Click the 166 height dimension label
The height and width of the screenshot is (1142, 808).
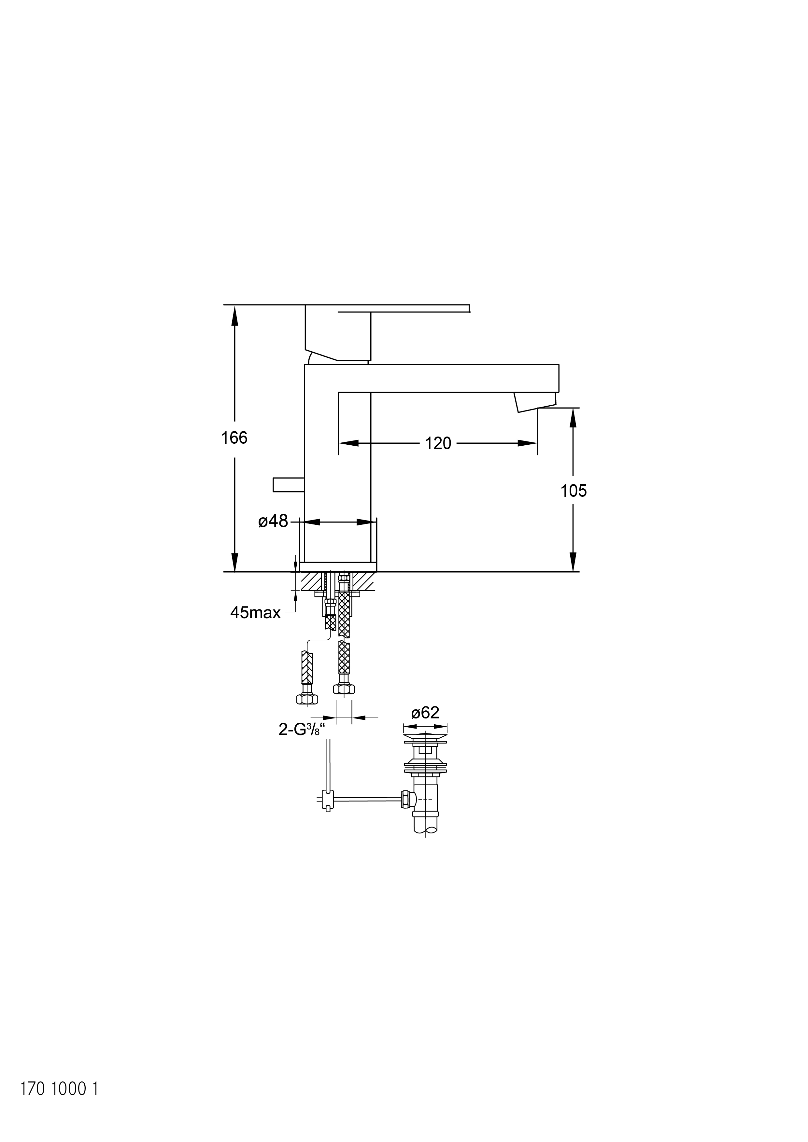234,438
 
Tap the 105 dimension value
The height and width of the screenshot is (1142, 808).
574,491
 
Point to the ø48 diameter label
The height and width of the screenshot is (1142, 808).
273,521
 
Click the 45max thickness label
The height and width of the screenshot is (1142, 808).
255,612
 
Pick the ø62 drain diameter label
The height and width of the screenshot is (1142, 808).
425,713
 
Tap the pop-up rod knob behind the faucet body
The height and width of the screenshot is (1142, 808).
289,484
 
